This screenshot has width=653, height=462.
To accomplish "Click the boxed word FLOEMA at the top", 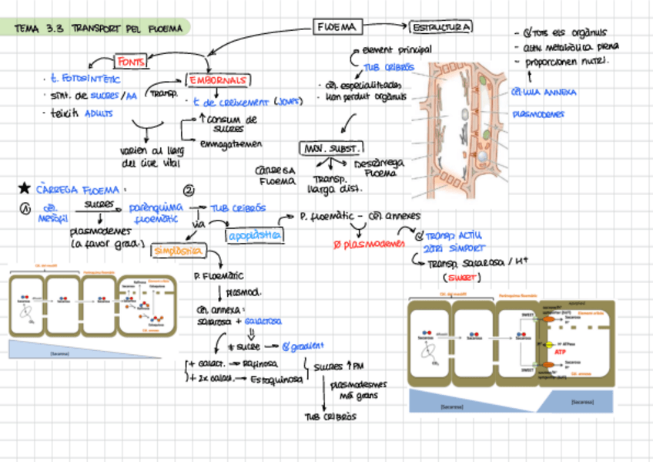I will click(336, 27).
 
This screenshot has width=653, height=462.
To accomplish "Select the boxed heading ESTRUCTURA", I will click(441, 28).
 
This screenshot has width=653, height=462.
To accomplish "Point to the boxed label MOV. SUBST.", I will click(331, 147).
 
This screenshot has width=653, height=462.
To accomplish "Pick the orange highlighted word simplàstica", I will click(178, 251).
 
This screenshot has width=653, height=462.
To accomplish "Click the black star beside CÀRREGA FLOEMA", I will click(24, 187).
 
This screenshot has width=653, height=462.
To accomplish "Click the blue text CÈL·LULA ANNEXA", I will click(543, 93).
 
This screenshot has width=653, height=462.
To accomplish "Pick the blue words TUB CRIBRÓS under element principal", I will click(388, 67).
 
